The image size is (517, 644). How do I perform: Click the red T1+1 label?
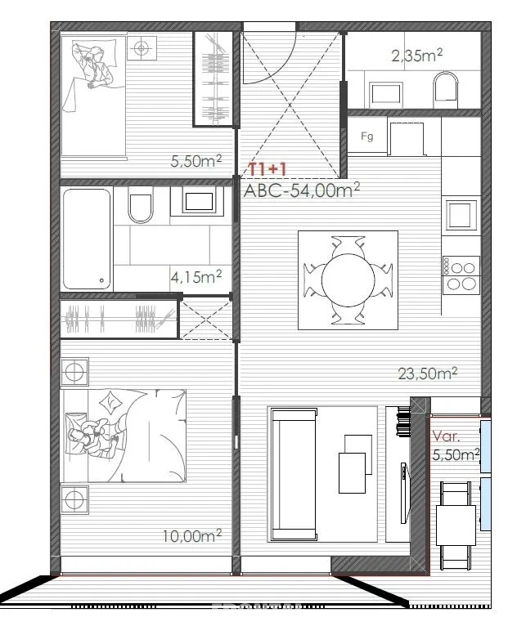[267, 169]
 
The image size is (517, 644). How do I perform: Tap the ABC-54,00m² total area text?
[302, 190]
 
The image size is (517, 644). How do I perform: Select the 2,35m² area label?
[416, 55]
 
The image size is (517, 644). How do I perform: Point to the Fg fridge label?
[367, 136]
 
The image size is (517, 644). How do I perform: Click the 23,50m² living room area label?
[427, 373]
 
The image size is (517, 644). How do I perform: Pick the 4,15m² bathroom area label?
[196, 277]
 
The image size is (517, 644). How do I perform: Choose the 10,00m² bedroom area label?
[192, 535]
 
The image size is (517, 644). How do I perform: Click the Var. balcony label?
[446, 436]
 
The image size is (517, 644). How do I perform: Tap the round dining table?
[348, 280]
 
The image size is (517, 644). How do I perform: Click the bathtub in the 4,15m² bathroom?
[88, 239]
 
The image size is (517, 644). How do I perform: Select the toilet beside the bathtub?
[141, 205]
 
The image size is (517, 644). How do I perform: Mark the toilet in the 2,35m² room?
[446, 90]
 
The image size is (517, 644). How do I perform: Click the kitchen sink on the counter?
[461, 214]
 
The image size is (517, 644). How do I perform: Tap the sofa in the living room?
[293, 474]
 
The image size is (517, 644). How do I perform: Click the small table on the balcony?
[456, 525]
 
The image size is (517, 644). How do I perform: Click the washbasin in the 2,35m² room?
[385, 93]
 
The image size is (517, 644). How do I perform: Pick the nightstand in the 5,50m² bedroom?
[142, 48]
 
